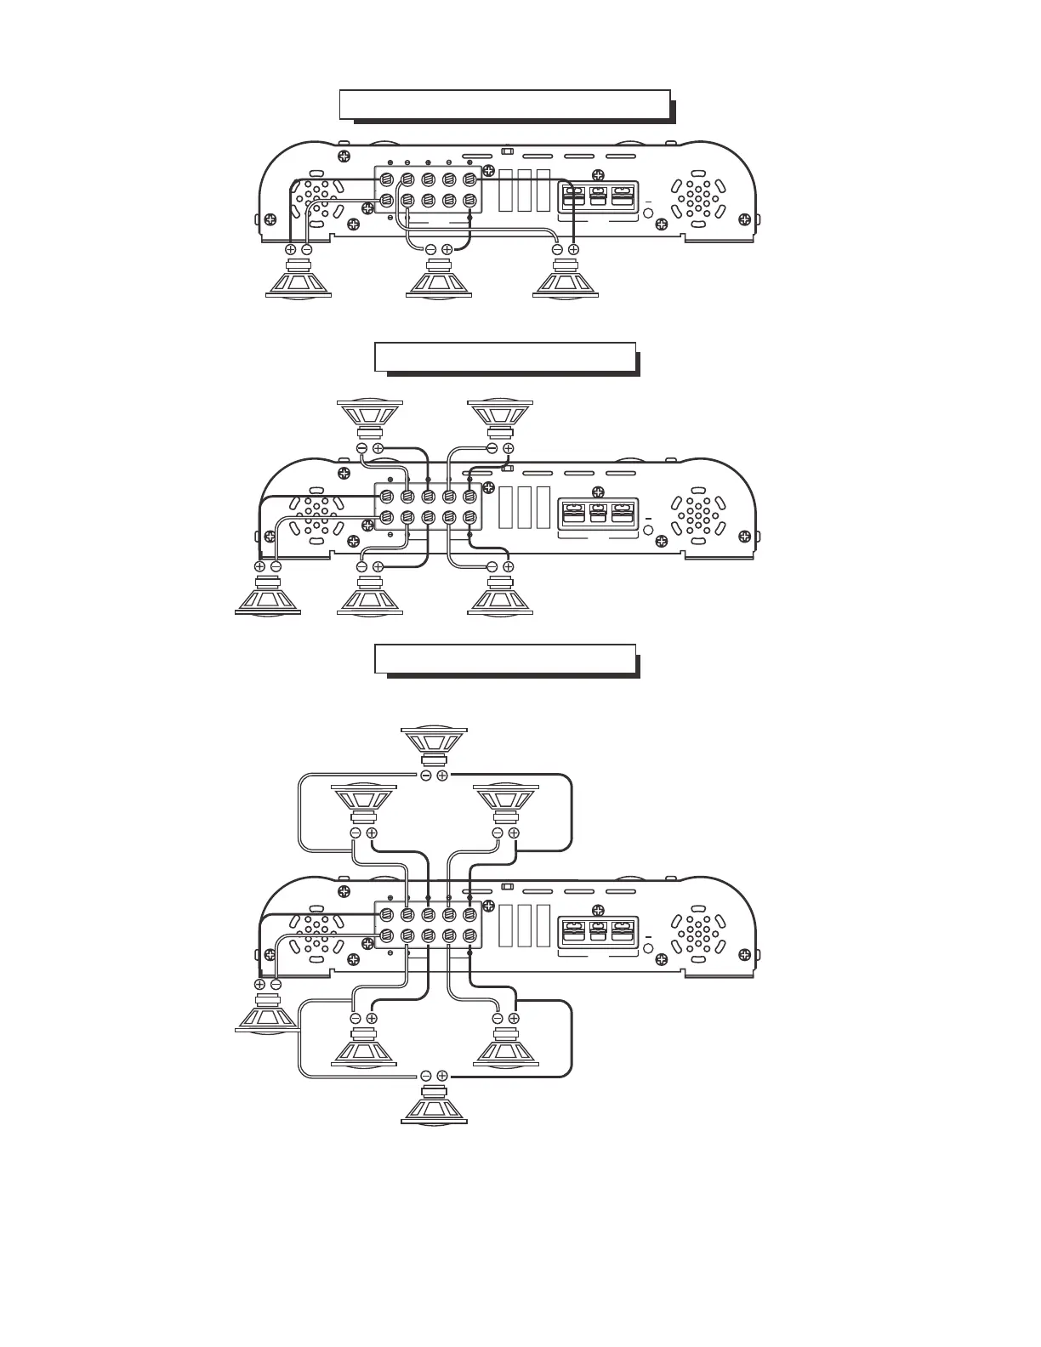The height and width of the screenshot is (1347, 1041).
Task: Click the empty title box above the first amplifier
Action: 504,105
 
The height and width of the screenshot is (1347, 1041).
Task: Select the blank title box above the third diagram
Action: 505,658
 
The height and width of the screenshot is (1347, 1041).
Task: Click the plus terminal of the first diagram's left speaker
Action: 290,250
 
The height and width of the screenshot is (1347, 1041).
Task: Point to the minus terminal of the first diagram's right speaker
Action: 557,250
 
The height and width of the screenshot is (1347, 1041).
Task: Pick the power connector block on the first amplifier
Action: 598,196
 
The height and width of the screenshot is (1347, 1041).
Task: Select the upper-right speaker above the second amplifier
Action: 501,418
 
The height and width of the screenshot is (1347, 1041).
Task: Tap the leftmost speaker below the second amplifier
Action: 267,595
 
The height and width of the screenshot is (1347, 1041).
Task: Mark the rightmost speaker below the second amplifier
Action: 501,595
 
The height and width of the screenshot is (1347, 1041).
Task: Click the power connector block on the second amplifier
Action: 598,517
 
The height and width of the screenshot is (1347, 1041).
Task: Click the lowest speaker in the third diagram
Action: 435,1105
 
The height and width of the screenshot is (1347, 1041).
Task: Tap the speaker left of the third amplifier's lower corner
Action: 266,1012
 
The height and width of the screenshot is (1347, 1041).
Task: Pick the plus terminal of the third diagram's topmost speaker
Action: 442,776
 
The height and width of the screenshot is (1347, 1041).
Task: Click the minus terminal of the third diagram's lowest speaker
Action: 426,1076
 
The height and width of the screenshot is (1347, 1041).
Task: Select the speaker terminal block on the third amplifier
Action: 429,926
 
